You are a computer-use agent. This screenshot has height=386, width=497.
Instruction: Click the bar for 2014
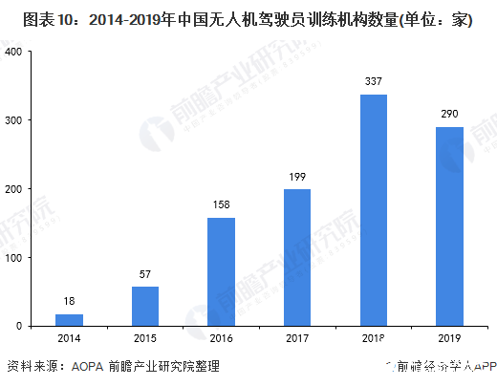point(69,320)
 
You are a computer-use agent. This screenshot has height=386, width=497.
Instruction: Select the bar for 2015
point(145,306)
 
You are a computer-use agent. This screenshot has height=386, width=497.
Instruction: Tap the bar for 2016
point(222,272)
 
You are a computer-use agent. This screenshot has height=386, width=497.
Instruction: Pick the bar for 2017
point(297,258)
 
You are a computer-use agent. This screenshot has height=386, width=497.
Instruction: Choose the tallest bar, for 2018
point(374,210)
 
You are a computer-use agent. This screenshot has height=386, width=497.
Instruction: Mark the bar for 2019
point(449,226)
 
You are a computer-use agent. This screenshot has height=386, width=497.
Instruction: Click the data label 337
point(374,82)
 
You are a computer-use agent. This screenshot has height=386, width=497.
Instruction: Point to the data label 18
point(69,302)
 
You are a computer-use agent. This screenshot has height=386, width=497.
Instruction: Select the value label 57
point(145,275)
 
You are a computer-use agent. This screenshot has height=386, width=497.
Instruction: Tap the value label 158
point(222,205)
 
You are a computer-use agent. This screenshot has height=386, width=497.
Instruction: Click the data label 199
point(297,177)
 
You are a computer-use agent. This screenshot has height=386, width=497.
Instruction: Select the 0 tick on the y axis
point(19,327)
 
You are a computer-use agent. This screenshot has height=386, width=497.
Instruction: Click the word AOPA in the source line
point(88,366)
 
